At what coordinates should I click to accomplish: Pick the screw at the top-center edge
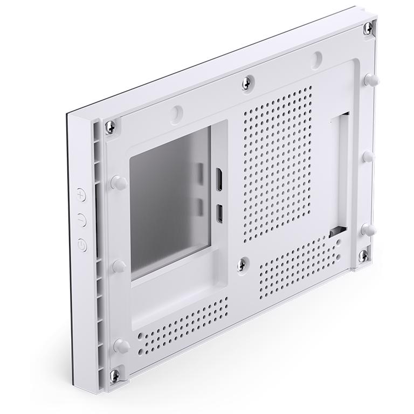coord(247,81)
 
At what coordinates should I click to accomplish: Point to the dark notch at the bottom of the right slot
coord(335,232)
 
